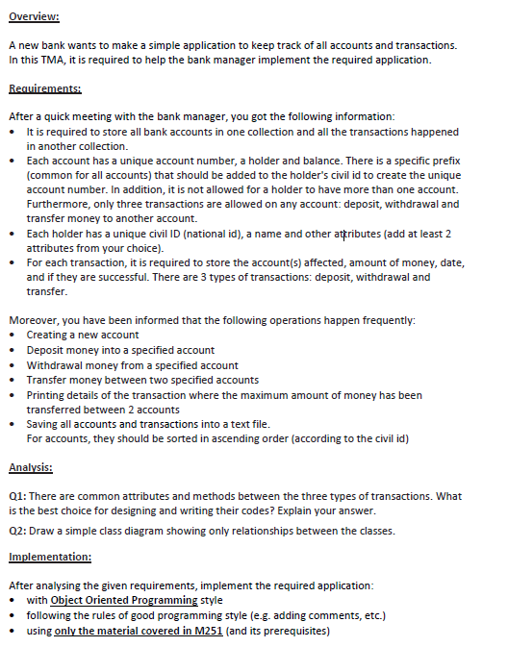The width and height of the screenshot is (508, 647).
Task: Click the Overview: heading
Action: (x=33, y=17)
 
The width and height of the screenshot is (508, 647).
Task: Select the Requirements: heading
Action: (x=43, y=88)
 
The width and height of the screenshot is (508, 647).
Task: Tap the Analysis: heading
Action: (x=31, y=468)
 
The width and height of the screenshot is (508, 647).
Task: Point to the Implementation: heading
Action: (x=50, y=557)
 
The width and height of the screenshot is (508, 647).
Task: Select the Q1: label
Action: (x=18, y=496)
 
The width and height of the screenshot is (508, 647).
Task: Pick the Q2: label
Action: (x=18, y=531)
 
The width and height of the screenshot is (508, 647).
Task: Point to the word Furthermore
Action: (x=60, y=204)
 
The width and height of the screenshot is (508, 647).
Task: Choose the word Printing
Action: (x=47, y=395)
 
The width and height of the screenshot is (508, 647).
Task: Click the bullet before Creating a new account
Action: (x=13, y=335)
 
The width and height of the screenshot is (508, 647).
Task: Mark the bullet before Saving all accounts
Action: (x=13, y=424)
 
